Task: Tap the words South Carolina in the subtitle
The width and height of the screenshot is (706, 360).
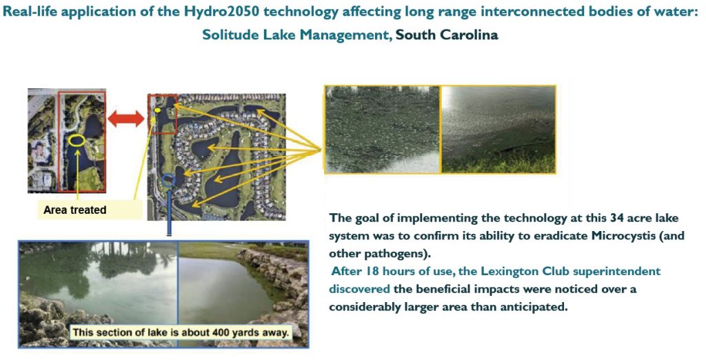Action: (x=447, y=34)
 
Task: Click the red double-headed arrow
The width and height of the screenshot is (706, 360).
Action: (x=126, y=119)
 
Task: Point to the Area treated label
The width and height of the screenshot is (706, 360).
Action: (x=74, y=210)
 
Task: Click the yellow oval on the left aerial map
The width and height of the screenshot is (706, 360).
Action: (x=77, y=141)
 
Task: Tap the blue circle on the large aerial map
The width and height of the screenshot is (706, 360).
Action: (x=168, y=180)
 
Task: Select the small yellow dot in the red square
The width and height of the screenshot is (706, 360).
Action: (x=158, y=110)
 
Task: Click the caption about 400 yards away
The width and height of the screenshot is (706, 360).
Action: (x=180, y=333)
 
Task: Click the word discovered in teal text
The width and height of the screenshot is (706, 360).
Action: (x=359, y=289)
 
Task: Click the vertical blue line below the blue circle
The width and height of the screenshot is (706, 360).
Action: (x=169, y=212)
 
